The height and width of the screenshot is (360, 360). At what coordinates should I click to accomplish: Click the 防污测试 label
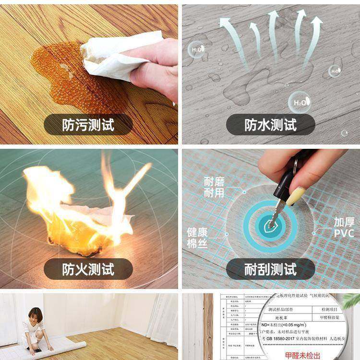[x=88, y=125]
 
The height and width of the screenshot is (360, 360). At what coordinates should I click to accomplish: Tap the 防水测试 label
[x=271, y=125]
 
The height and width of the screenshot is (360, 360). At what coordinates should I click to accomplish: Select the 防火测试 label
[x=88, y=269]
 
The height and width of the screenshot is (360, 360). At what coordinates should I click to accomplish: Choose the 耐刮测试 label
[x=271, y=269]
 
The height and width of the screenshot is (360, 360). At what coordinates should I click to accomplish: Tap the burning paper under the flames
[x=91, y=226]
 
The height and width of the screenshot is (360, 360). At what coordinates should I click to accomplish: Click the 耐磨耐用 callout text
[x=214, y=187]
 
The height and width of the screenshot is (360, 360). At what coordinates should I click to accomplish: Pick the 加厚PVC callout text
[x=344, y=228]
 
